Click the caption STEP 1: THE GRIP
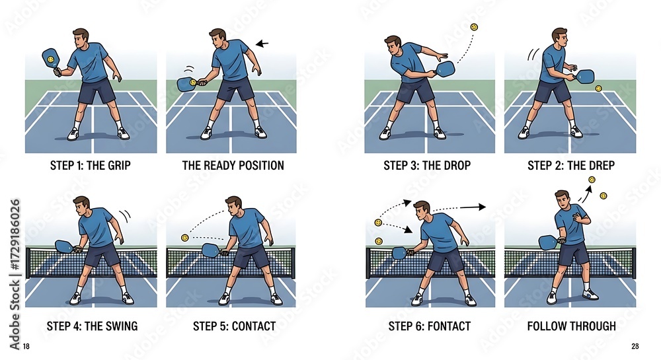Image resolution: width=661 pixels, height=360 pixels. pyautogui.click(x=90, y=165)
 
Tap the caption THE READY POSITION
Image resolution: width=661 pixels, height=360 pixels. pyautogui.click(x=233, y=165)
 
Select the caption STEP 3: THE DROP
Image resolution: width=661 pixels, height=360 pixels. pyautogui.click(x=427, y=165)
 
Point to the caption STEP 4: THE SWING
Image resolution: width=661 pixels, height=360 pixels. pyautogui.click(x=92, y=326)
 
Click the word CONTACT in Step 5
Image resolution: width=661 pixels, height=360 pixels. pyautogui.click(x=254, y=326)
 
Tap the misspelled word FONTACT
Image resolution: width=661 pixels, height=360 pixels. pyautogui.click(x=449, y=326)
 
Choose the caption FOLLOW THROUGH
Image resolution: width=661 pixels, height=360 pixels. pyautogui.click(x=571, y=326)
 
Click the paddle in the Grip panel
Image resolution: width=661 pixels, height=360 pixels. pyautogui.click(x=51, y=59)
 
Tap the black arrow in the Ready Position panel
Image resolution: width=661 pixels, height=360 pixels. pyautogui.click(x=262, y=44)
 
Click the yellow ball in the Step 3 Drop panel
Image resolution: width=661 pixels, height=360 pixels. pyautogui.click(x=474, y=27)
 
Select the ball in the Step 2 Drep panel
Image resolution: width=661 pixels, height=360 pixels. pyautogui.click(x=598, y=88)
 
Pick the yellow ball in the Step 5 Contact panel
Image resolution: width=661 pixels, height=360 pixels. pyautogui.click(x=184, y=238)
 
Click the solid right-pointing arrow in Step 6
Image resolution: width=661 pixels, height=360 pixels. pyautogui.click(x=472, y=207)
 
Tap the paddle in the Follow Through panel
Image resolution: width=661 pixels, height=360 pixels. pyautogui.click(x=549, y=242)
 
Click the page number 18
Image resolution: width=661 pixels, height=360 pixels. pyautogui.click(x=26, y=346)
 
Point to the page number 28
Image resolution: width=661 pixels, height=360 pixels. pyautogui.click(x=635, y=346)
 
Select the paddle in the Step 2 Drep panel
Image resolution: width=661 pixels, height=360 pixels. pyautogui.click(x=585, y=77)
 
